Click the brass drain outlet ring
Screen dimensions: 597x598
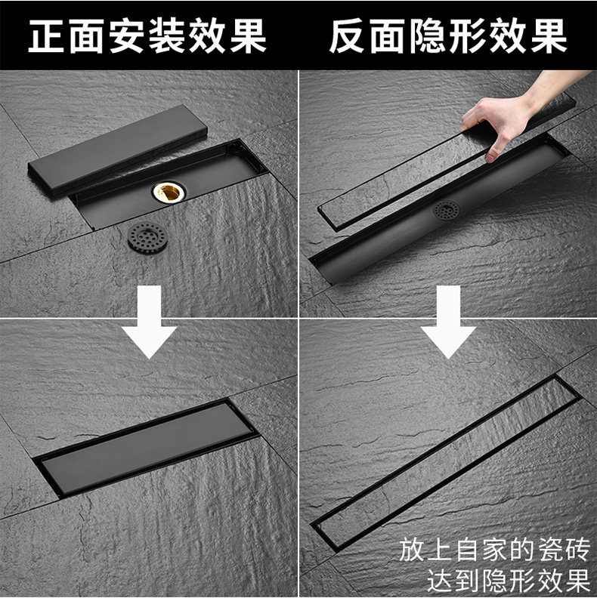[169, 191]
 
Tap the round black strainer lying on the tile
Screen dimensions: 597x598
[147, 238]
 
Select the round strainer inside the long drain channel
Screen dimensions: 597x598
[446, 210]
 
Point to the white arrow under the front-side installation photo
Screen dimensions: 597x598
[150, 322]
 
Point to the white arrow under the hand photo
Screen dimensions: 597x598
[449, 322]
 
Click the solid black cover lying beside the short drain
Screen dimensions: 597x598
[118, 151]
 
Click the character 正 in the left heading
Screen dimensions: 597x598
[48, 35]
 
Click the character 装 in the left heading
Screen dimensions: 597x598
[167, 35]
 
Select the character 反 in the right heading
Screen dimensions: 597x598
[348, 35]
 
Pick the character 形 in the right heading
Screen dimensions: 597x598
[468, 35]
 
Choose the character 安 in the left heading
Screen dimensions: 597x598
[127, 35]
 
